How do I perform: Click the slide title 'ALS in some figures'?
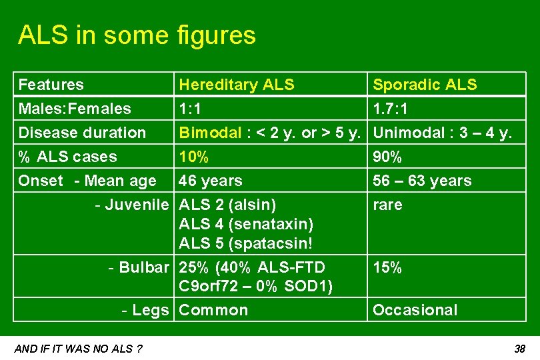[x=137, y=35]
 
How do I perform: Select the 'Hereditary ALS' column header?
[x=237, y=85]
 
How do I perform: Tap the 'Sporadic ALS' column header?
[x=425, y=85]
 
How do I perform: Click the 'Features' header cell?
[x=51, y=85]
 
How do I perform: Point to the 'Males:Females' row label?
[x=75, y=109]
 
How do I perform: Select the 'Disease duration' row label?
[x=82, y=133]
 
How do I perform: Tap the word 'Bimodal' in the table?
[x=210, y=133]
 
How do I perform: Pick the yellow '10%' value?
[x=194, y=157]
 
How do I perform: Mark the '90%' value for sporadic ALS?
[x=387, y=157]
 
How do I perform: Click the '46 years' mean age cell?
[x=211, y=181]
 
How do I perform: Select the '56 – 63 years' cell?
[x=422, y=181]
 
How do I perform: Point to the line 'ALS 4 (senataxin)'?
[x=246, y=224]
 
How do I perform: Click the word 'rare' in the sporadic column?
[x=387, y=205]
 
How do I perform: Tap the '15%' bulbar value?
[x=387, y=267]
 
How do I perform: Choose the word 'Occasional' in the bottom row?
[x=415, y=310]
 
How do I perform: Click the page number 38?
[x=520, y=349]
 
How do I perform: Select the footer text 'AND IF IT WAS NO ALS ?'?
[x=78, y=349]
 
